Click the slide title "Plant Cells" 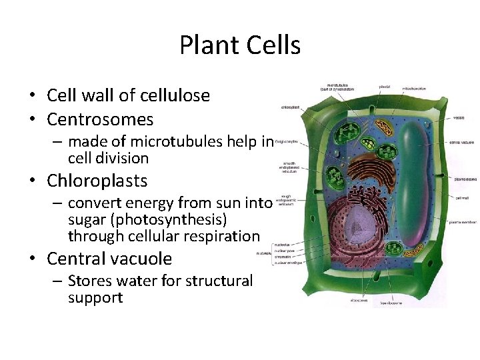[x=240, y=45]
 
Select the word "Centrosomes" [x=100, y=119]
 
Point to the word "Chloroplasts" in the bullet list [x=97, y=181]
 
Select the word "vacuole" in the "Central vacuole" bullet [x=143, y=259]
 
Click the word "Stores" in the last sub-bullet [x=91, y=281]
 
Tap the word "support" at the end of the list [x=95, y=297]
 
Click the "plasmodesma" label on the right [x=464, y=179]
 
